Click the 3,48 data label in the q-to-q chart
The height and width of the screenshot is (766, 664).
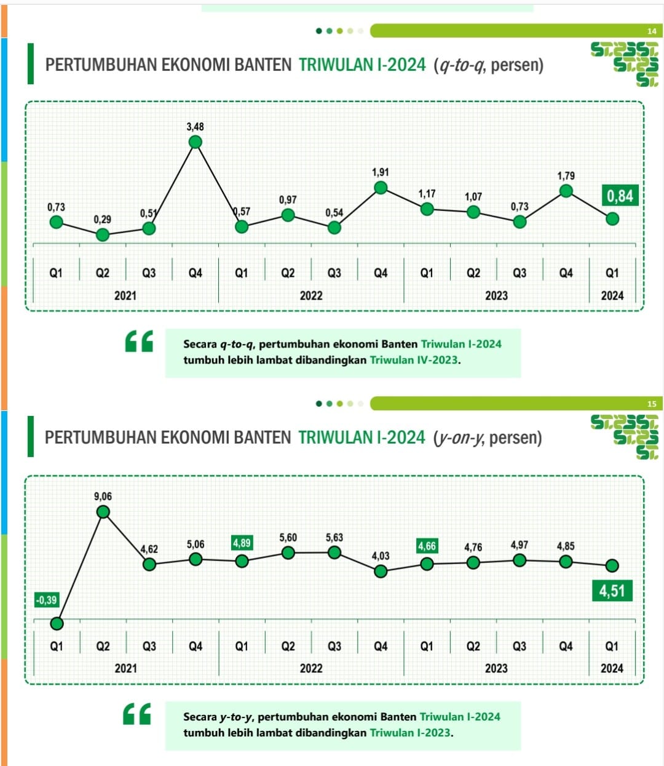tap(195, 127)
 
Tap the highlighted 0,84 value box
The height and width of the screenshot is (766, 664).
tap(620, 196)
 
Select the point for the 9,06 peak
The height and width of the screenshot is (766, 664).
tap(103, 512)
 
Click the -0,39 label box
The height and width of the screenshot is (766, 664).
tap(46, 600)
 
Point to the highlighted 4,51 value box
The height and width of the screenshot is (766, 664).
tap(612, 591)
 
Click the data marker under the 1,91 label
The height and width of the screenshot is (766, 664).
tap(381, 188)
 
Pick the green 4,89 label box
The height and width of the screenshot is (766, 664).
tap(242, 543)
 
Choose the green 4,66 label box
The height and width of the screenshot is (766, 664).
tap(427, 546)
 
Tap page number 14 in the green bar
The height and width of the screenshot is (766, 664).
tap(652, 31)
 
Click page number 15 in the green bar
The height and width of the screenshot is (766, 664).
tap(652, 404)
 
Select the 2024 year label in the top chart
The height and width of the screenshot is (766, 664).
tap(612, 296)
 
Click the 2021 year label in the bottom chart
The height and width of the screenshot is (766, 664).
tap(125, 668)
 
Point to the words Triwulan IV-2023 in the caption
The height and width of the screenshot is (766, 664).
tap(414, 360)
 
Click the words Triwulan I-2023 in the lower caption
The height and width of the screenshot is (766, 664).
tap(410, 733)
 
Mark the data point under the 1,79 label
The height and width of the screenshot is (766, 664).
tap(566, 191)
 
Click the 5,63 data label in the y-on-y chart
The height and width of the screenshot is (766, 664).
tap(334, 538)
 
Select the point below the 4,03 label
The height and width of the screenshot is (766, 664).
tap(381, 571)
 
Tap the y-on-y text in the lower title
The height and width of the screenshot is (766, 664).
tap(458, 438)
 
